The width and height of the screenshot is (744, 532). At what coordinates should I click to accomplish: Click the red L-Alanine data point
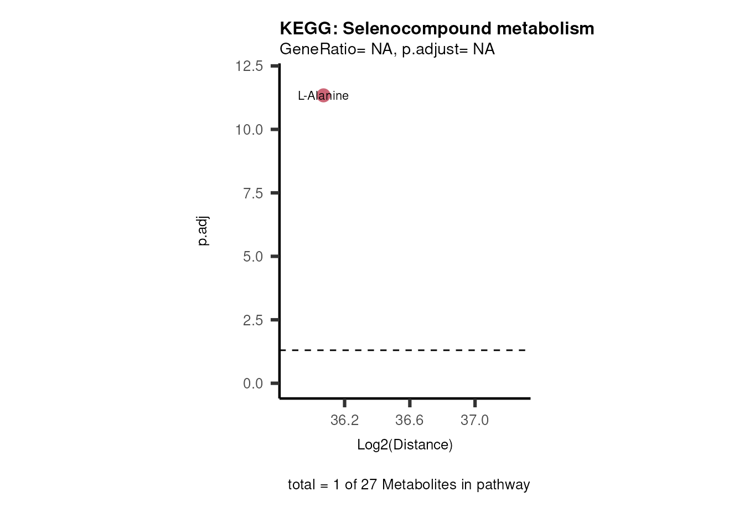[323, 95]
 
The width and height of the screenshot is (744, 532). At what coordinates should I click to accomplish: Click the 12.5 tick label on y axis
[249, 66]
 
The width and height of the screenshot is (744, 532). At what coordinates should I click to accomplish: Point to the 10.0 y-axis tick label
[249, 130]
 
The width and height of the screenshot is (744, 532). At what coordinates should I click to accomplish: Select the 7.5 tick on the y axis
[253, 193]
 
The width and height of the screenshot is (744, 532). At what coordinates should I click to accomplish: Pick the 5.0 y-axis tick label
[253, 257]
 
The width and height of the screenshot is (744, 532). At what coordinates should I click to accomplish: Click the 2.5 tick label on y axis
[253, 320]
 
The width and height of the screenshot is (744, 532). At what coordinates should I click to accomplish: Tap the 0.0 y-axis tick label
[253, 383]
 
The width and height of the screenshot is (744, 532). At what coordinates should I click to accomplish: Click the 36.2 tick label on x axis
[344, 420]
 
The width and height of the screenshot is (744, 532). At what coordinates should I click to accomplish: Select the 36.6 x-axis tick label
[410, 420]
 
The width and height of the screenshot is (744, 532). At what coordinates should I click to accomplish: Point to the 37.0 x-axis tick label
[475, 420]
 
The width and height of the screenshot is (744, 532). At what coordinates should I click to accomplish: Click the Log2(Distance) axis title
[405, 444]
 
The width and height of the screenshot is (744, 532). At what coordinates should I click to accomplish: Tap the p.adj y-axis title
[203, 231]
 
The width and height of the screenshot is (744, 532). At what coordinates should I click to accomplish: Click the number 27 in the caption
[369, 484]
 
